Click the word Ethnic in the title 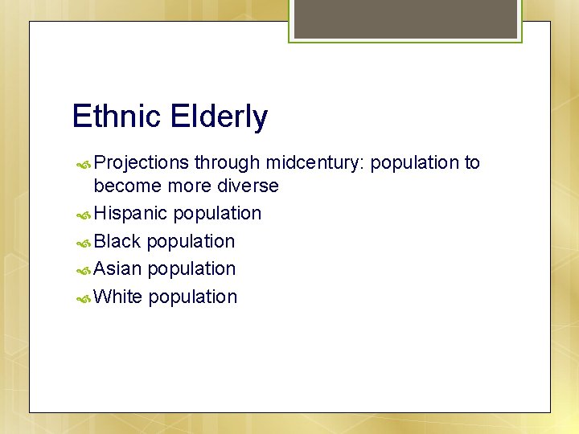pos(117,117)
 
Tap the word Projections pos(142,163)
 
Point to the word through pos(227,163)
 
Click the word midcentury pos(314,163)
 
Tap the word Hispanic pos(130,214)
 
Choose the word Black pos(117,241)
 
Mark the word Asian pos(117,268)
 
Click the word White pos(118,297)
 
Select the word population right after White pos(193,297)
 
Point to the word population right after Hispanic pos(217,215)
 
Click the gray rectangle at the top pos(405,18)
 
